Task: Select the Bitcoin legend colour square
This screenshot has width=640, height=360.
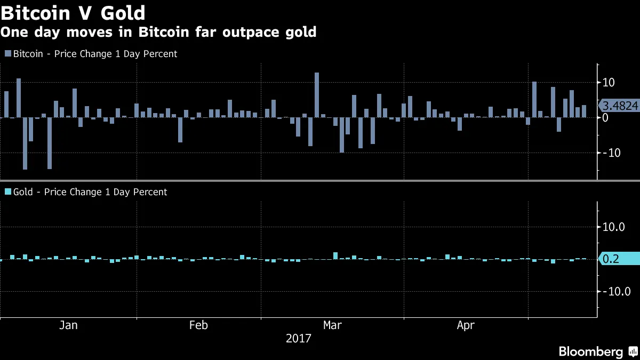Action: (7, 54)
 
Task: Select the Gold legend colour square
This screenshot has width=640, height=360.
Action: (7, 192)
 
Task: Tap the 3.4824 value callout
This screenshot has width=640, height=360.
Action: (620, 106)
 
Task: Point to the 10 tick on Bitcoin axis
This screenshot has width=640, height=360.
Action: (609, 83)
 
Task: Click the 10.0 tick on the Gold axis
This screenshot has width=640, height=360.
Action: (613, 227)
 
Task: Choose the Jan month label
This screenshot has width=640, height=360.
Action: (68, 325)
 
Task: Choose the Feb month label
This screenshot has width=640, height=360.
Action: (198, 325)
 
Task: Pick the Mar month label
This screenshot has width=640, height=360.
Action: (332, 325)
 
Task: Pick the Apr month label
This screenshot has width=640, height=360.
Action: (466, 325)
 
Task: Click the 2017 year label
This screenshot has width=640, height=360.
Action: (299, 339)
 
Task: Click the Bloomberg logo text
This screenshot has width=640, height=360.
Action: (590, 351)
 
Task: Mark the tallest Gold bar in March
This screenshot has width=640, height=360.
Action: (335, 256)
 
